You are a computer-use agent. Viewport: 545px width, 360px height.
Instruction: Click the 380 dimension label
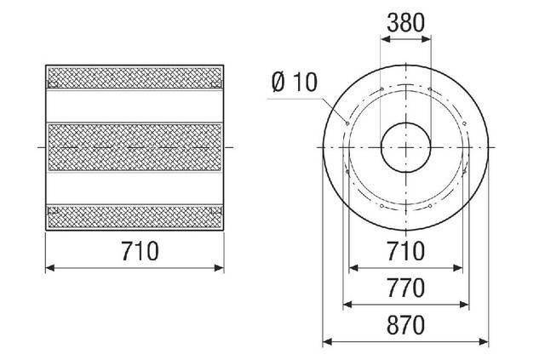click(405, 23)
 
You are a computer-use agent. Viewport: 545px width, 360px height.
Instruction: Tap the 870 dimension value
click(405, 326)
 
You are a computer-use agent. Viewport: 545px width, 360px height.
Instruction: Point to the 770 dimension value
click(405, 289)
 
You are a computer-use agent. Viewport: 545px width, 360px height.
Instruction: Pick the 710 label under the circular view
click(405, 252)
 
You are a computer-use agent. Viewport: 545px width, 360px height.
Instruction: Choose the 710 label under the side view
click(135, 252)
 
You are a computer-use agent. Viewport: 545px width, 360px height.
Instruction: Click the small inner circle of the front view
click(405, 147)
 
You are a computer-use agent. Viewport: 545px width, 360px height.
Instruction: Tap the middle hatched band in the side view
click(135, 147)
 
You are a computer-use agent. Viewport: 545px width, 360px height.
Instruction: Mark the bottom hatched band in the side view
click(135, 217)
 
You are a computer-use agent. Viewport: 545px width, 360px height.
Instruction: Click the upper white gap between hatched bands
click(135, 106)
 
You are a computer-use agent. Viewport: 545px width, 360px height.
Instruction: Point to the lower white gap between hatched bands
click(135, 188)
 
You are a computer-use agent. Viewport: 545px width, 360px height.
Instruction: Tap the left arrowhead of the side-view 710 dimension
click(49, 268)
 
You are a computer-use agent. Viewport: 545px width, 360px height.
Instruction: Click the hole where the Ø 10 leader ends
click(347, 122)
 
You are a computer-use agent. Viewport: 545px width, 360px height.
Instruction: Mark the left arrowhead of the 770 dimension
click(346, 305)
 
